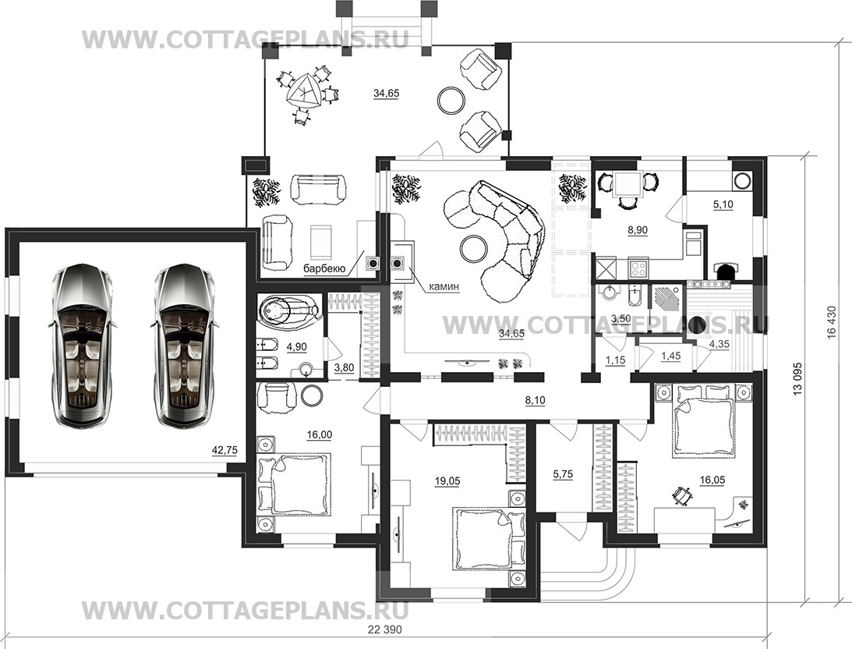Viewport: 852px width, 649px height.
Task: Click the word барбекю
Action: tap(324, 268)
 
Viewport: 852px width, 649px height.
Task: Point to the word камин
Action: tap(444, 286)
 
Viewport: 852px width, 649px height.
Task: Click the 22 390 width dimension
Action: tap(385, 630)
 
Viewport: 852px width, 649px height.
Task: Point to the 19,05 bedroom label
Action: tap(447, 481)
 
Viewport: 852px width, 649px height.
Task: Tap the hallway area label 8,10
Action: tap(535, 401)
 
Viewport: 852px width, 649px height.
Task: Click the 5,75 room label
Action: tap(563, 474)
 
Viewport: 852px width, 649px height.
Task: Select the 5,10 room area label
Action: tap(723, 204)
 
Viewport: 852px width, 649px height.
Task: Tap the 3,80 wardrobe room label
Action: tap(344, 367)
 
